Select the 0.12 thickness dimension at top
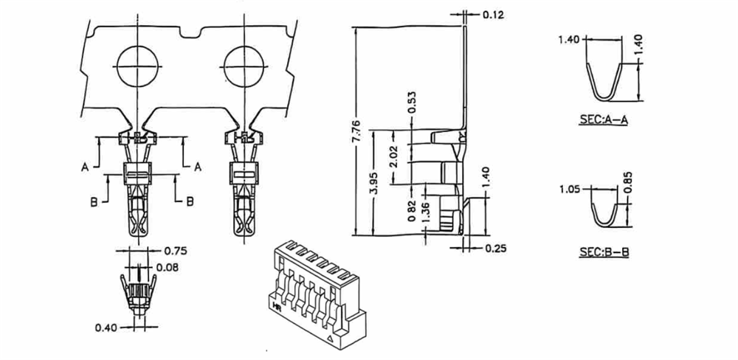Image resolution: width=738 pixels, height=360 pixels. [493, 15]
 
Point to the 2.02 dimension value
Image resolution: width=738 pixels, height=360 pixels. [394, 156]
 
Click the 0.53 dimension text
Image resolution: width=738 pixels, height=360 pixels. [412, 102]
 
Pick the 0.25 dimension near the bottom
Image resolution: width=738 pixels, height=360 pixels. [495, 248]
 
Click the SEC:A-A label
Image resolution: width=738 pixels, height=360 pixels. [604, 120]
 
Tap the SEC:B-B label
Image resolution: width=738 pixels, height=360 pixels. [604, 252]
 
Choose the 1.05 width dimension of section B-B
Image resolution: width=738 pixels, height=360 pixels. [570, 190]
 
